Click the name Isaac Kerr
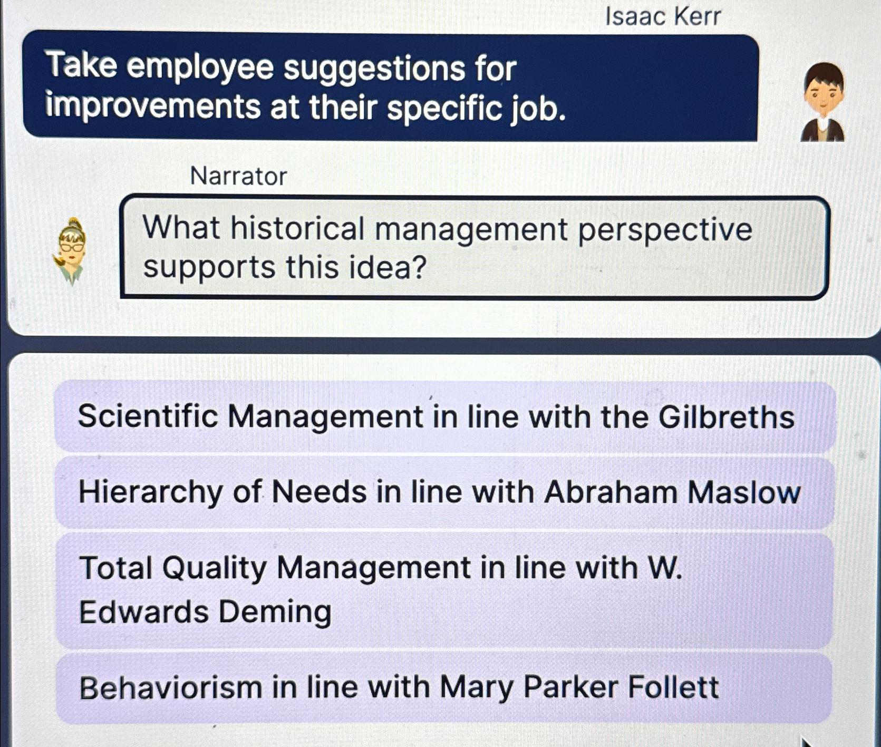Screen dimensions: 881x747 pyautogui.click(x=663, y=16)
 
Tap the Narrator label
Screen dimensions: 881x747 pyautogui.click(x=238, y=176)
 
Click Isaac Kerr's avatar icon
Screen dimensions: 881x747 pyautogui.click(x=823, y=102)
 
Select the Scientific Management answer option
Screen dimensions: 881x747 pyautogui.click(x=444, y=417)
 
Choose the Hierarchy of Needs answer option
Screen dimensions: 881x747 pyautogui.click(x=444, y=492)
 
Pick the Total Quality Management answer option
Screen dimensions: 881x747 pyautogui.click(x=444, y=590)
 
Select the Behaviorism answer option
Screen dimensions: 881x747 pyautogui.click(x=444, y=688)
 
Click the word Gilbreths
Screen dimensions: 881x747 pyautogui.click(x=727, y=417)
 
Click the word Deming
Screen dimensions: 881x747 pyautogui.click(x=275, y=613)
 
